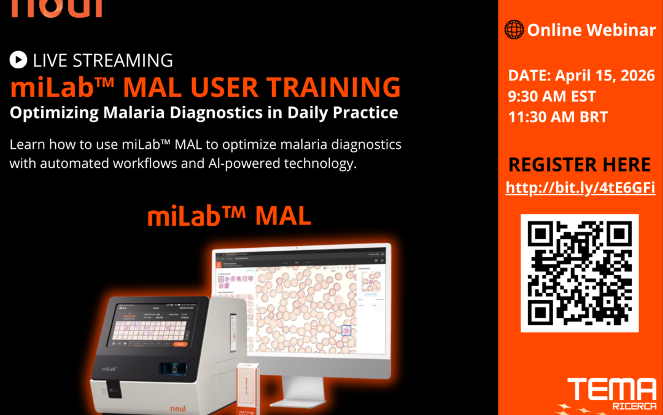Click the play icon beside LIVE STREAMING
(x=18, y=60)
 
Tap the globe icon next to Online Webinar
(x=514, y=29)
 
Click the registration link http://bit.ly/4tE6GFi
(x=580, y=188)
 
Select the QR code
(x=580, y=273)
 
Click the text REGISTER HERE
(x=580, y=164)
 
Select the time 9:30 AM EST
(x=552, y=96)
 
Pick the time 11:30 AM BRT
(x=557, y=116)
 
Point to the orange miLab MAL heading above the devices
(x=229, y=216)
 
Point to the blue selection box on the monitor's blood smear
(x=346, y=330)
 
